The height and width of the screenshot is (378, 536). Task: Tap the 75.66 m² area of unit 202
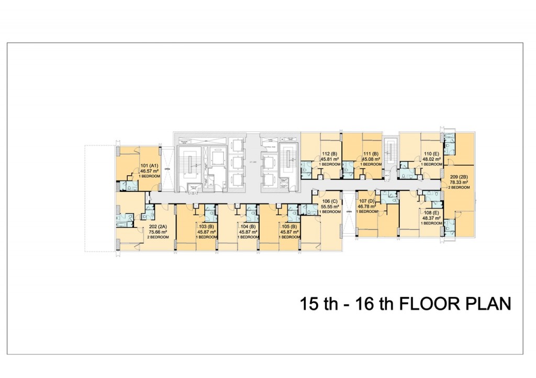click(x=158, y=232)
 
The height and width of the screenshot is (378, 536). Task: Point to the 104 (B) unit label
click(x=247, y=226)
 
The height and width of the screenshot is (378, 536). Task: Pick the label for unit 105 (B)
click(x=289, y=226)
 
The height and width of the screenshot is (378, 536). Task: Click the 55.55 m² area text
click(x=330, y=207)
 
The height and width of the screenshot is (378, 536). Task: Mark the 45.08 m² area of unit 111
click(x=371, y=159)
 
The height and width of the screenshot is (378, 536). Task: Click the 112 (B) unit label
click(x=330, y=154)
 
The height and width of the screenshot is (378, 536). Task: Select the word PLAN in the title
click(x=488, y=304)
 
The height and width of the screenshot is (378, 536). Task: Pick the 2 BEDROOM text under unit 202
click(x=158, y=237)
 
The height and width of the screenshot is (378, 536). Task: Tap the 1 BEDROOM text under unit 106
click(x=330, y=212)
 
